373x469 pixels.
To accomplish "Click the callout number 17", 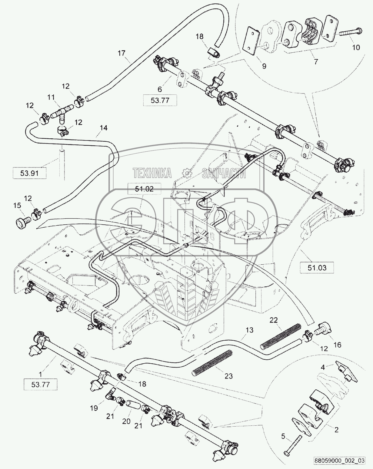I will coord(121,53).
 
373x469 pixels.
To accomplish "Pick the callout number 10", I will coord(356,47).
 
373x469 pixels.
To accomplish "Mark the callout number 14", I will coord(103,128).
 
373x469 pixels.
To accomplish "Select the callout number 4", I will coord(323,368).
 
